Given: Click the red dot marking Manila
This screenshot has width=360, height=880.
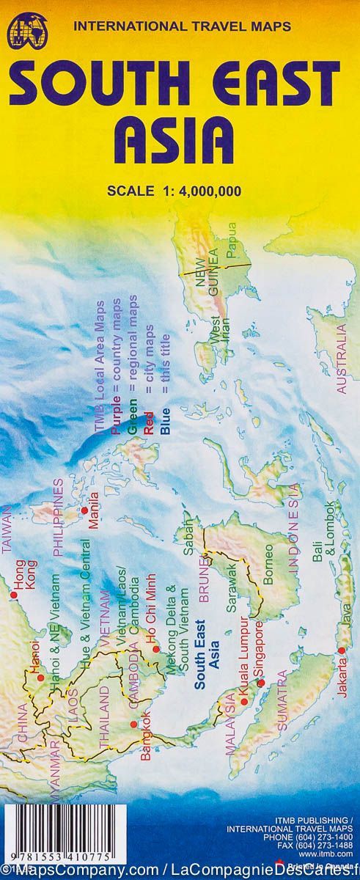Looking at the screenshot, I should (85, 510).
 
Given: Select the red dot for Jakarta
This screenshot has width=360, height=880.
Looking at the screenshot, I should (341, 651).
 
